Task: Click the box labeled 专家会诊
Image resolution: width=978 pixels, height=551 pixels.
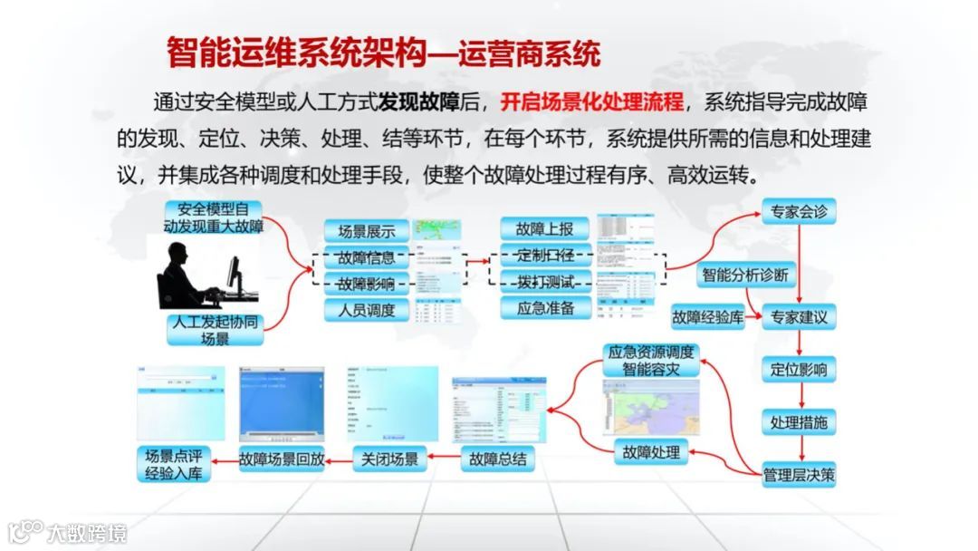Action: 798,213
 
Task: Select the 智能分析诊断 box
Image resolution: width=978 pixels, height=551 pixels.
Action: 744,274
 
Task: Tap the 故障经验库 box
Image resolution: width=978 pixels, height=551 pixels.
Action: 707,317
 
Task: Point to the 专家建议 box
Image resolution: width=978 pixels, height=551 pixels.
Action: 798,317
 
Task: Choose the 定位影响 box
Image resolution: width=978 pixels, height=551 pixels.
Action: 798,370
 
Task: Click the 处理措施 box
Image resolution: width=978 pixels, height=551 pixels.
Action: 798,422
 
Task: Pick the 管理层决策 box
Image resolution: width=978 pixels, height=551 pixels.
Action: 798,475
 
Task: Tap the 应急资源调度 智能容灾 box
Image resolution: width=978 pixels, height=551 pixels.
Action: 651,361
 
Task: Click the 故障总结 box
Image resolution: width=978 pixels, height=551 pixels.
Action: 497,459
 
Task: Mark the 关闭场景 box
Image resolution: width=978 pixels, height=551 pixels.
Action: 389,459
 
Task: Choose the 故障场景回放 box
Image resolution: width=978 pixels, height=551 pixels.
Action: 282,459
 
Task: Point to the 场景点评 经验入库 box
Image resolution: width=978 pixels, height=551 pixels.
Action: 173,463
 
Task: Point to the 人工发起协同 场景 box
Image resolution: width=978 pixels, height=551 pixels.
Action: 215,330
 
